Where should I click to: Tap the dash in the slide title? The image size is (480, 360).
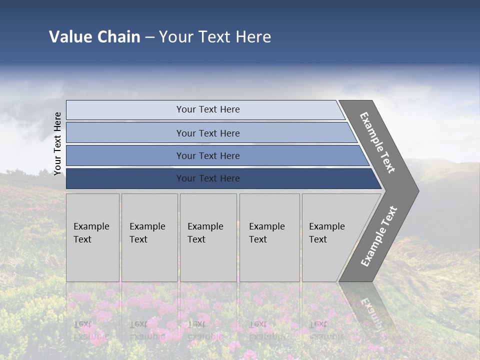coord(149,37)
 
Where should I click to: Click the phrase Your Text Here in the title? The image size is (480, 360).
coord(215,37)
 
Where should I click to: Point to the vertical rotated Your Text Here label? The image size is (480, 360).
coord(57,144)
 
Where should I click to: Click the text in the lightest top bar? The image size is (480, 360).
coord(208,109)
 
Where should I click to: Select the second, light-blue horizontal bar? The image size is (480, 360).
coord(208,133)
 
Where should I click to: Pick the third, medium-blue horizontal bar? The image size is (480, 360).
coord(208,155)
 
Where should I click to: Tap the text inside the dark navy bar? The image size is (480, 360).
coord(208,178)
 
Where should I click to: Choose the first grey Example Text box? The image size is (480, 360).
coord(92,237)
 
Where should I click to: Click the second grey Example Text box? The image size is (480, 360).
coord(149,237)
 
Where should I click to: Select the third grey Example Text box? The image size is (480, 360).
coord(208,237)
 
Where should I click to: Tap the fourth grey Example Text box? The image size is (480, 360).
coord(269,237)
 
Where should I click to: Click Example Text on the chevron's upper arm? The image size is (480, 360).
coord(377,143)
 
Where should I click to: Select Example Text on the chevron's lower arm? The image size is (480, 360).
coord(378,236)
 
